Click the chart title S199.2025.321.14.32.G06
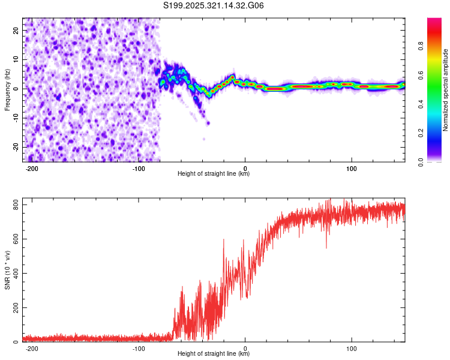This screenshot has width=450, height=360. [214, 6]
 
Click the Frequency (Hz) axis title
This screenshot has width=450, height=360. [7, 90]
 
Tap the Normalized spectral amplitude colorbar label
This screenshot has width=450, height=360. [446, 90]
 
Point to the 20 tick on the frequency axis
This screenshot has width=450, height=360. [16, 30]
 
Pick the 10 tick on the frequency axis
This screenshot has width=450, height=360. [16, 59]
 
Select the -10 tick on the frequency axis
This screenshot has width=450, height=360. [15, 118]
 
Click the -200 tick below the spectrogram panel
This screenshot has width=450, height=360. [32, 169]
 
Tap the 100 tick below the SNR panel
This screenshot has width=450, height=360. [352, 349]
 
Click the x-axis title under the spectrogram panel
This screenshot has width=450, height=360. [214, 174]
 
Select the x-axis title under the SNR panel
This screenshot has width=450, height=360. [214, 354]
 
